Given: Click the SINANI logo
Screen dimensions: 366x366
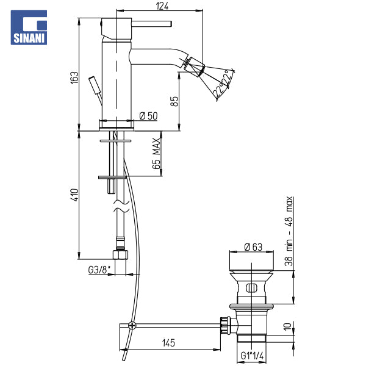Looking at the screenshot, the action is [x=29, y=27].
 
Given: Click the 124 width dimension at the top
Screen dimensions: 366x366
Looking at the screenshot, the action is [x=162, y=6].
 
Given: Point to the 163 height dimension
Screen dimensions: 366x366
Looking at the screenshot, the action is [x=74, y=77].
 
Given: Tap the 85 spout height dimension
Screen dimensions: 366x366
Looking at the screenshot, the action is [x=174, y=101].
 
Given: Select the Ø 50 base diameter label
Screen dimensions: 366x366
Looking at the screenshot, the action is [x=148, y=116].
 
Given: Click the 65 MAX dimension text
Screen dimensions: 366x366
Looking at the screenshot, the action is [x=156, y=153].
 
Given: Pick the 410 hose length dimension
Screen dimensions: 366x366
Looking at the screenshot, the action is [x=74, y=195].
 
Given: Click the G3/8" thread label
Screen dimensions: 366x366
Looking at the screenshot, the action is [x=99, y=270].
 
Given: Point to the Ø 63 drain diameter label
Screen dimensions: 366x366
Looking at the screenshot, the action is [x=253, y=247].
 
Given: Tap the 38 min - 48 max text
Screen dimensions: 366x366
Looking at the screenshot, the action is [x=289, y=231].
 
